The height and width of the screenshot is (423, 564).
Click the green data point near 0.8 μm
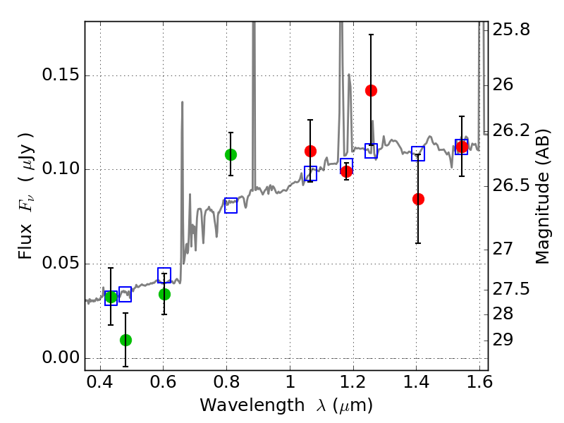pyautogui.click(x=231, y=154)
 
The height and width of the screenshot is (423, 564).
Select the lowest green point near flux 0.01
pyautogui.click(x=125, y=340)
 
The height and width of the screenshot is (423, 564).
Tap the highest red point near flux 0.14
pyautogui.click(x=371, y=90)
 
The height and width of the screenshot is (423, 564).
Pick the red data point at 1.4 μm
pyautogui.click(x=418, y=199)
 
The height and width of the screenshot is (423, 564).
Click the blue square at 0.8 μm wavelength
pyautogui.click(x=231, y=205)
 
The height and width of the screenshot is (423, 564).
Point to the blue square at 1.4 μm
pyautogui.click(x=418, y=154)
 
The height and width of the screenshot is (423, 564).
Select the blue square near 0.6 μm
pyautogui.click(x=164, y=275)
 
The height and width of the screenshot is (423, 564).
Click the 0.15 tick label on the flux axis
pyautogui.click(x=60, y=76)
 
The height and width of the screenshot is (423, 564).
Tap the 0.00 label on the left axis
pyautogui.click(x=60, y=357)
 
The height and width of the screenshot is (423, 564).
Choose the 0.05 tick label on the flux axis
pyautogui.click(x=60, y=264)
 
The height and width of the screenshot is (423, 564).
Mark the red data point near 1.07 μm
pyautogui.click(x=310, y=151)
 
